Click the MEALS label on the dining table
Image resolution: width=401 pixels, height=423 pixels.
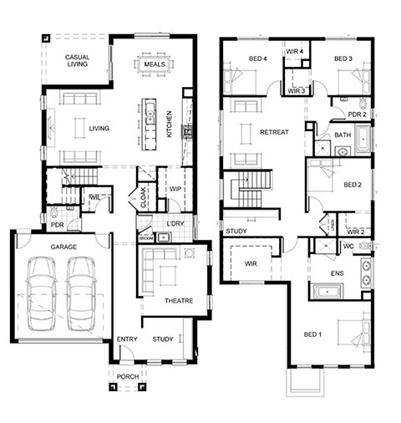[x=155, y=64]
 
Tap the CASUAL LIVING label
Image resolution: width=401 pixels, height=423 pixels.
[x=78, y=61]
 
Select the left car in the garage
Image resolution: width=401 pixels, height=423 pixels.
[x=42, y=293]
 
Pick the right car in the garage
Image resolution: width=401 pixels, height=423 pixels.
[x=81, y=293]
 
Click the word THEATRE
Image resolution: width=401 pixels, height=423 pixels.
[x=179, y=301]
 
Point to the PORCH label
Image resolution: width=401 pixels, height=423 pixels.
[x=128, y=377]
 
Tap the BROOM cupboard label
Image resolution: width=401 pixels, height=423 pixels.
[x=146, y=238]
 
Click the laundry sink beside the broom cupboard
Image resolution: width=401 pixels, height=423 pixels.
[x=164, y=237]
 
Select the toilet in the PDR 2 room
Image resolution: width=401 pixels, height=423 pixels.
[x=363, y=104]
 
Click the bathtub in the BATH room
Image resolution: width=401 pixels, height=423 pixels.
[x=363, y=139]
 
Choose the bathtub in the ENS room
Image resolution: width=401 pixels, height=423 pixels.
[x=327, y=292]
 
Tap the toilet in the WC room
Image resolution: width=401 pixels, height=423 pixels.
[x=365, y=246]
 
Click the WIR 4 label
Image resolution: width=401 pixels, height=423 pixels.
[x=294, y=52]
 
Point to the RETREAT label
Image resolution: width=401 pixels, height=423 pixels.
[x=274, y=132]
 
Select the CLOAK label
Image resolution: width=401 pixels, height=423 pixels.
[x=144, y=197]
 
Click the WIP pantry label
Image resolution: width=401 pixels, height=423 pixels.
[x=175, y=189]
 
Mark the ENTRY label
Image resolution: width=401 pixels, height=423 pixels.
[x=127, y=339]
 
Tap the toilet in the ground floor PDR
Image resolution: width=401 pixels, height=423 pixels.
[x=53, y=214]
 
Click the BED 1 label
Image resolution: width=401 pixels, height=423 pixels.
[x=312, y=334]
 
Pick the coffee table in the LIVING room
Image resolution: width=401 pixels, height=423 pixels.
[x=79, y=128]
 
